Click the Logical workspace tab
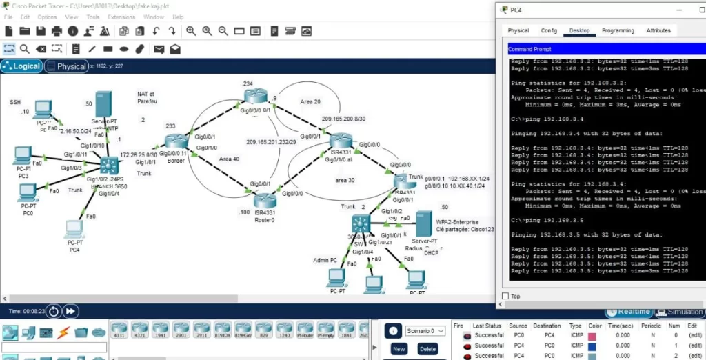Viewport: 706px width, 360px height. pyautogui.click(x=22, y=66)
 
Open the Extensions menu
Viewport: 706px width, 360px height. pyautogui.click(x=121, y=17)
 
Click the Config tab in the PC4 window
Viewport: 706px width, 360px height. pyautogui.click(x=549, y=30)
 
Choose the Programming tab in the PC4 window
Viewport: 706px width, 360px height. pyautogui.click(x=617, y=30)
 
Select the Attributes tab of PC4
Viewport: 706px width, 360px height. pyautogui.click(x=658, y=30)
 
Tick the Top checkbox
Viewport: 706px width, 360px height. pyautogui.click(x=505, y=296)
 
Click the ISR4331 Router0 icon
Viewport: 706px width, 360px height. pyautogui.click(x=264, y=200)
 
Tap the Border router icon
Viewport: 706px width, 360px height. pyautogui.click(x=171, y=141)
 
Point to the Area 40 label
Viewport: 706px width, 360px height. pyautogui.click(x=229, y=159)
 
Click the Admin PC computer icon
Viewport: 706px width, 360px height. pyautogui.click(x=336, y=277)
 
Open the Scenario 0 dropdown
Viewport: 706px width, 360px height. pyautogui.click(x=425, y=331)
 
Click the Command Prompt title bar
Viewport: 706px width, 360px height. pyautogui.click(x=593, y=49)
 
